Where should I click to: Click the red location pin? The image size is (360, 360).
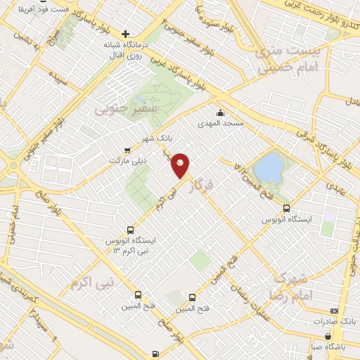pyautogui.click(x=181, y=165)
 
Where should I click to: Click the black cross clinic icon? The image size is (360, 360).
pyautogui.click(x=125, y=34)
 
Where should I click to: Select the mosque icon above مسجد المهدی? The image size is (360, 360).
pyautogui.click(x=221, y=112)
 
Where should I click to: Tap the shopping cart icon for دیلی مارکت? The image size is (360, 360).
pyautogui.click(x=127, y=149)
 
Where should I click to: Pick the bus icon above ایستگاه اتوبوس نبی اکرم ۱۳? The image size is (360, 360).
pyautogui.click(x=129, y=229)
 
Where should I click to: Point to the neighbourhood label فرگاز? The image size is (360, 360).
pyautogui.click(x=201, y=180)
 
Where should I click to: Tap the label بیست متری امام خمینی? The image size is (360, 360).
pyautogui.click(x=295, y=59)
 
